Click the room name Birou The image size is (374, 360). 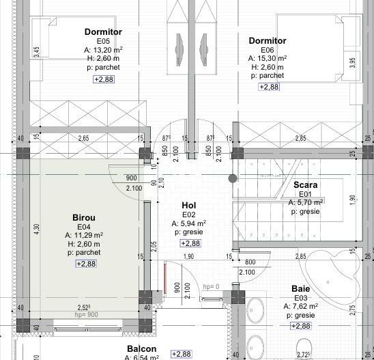pyautogui.click(x=83, y=217)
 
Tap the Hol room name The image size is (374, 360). pyautogui.click(x=189, y=205)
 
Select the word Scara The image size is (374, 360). pyautogui.click(x=305, y=184)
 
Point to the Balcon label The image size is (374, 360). pyautogui.click(x=141, y=348)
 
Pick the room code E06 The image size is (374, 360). pyautogui.click(x=268, y=50)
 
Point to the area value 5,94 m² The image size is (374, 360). pyautogui.click(x=190, y=223)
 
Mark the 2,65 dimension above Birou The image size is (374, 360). pyautogui.click(x=83, y=139)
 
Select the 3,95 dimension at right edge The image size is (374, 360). pyautogui.click(x=352, y=61)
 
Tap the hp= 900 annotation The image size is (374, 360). pyautogui.click(x=85, y=315)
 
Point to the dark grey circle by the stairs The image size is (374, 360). pyautogui.click(x=233, y=179)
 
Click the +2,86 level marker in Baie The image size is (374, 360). pyautogui.click(x=301, y=326)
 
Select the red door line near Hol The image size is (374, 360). pyautogui.click(x=165, y=279)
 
